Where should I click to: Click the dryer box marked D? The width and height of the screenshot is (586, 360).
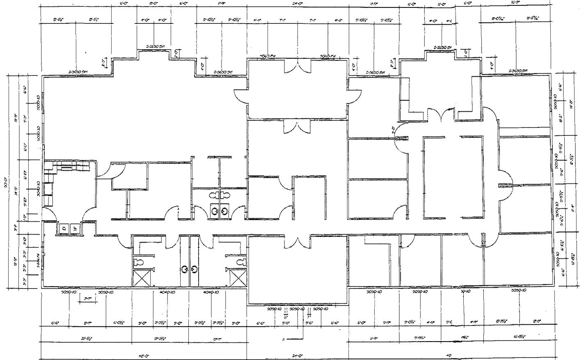(x=64, y=228)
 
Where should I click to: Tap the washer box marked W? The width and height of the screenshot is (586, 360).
(x=75, y=228)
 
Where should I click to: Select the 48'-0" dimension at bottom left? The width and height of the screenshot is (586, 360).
(x=144, y=355)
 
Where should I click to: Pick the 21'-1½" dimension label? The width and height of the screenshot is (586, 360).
(x=87, y=339)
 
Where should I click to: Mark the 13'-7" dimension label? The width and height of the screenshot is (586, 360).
(x=217, y=339)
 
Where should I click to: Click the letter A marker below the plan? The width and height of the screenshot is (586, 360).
(x=284, y=339)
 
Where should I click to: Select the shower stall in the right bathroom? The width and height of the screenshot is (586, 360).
(x=238, y=278)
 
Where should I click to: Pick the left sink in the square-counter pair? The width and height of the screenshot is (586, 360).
(x=214, y=211)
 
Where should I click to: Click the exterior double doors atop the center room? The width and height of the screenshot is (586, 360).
(x=298, y=66)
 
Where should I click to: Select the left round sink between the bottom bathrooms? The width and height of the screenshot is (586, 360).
(x=184, y=269)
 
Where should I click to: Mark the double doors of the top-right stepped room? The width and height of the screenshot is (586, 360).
(x=440, y=114)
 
